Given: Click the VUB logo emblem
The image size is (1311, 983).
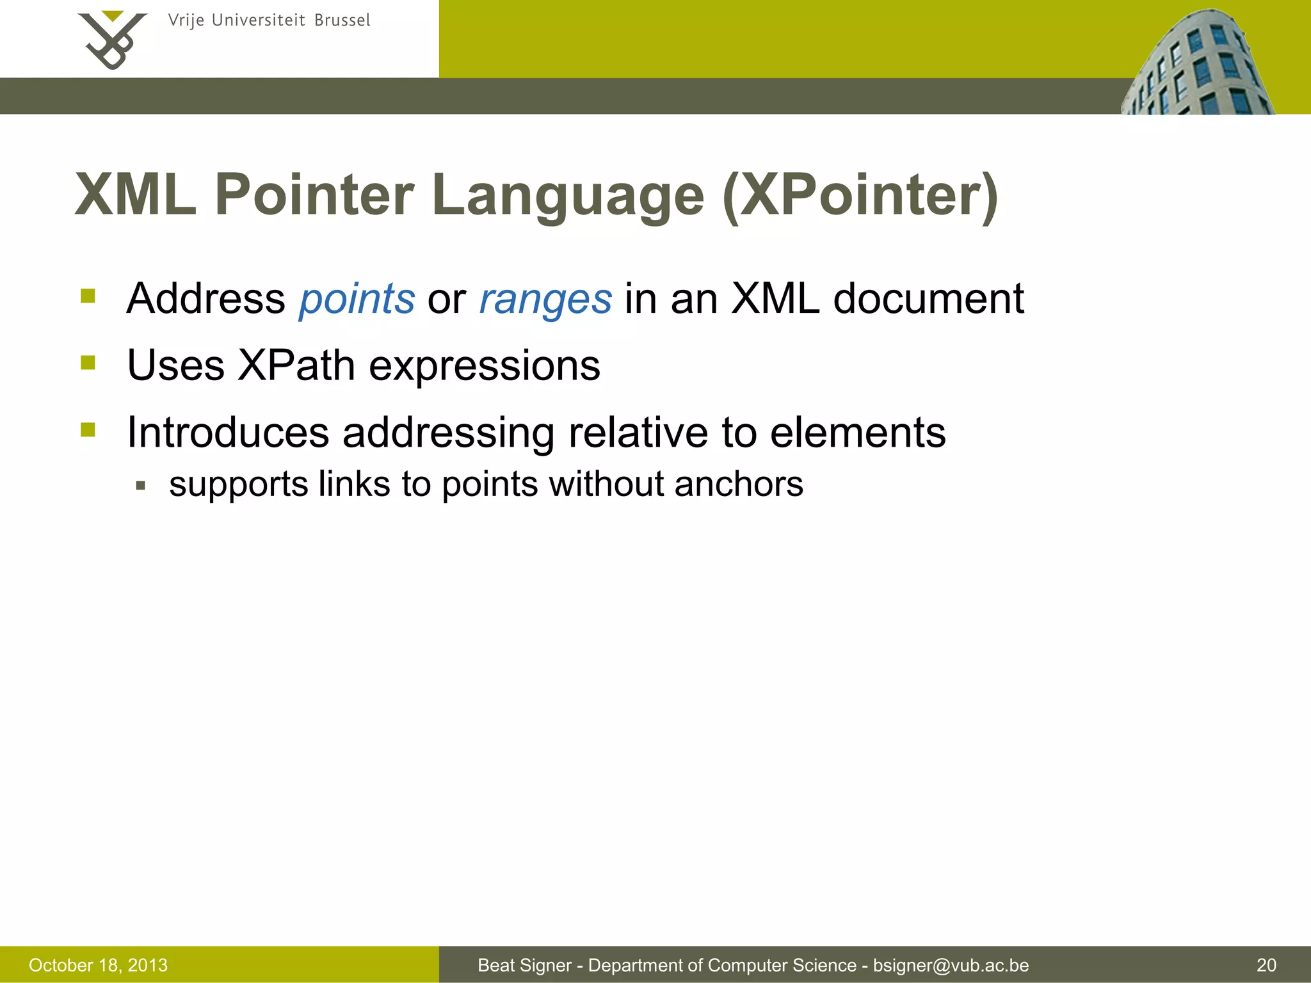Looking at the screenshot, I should tap(112, 40).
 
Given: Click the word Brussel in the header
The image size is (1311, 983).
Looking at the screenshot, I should tap(342, 20).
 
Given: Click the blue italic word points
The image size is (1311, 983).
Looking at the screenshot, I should tap(357, 300).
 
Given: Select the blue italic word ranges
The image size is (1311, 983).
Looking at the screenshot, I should tap(545, 300).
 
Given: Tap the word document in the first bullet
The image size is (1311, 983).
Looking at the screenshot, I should tap(928, 299).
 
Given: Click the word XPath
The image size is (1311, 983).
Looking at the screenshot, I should tap(296, 365).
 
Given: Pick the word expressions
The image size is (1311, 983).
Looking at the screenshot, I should tap(485, 367).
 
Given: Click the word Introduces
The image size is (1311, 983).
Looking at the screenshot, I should tap(228, 433).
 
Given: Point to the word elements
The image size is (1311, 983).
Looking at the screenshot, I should tap(857, 433).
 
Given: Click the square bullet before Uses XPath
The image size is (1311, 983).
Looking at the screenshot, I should tap(88, 364).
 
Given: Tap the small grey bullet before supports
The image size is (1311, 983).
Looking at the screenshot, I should tap(141, 486).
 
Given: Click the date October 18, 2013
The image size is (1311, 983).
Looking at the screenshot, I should tap(98, 965).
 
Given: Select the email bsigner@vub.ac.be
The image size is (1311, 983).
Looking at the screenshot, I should tap(951, 965).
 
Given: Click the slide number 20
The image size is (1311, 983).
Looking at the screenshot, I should tap(1266, 965).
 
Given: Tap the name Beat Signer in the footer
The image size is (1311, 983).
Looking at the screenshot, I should tap(524, 965).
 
